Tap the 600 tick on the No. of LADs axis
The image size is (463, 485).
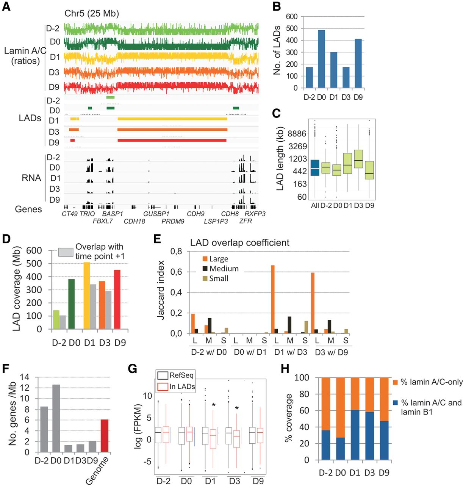[292, 17]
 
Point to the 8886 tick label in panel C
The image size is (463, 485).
[297, 134]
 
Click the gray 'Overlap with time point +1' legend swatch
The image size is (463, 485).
[66, 252]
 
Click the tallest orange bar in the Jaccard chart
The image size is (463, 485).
[273, 299]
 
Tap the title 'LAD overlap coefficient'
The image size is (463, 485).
[239, 242]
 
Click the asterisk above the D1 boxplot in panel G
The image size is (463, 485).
[214, 405]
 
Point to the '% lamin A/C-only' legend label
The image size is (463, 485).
[432, 382]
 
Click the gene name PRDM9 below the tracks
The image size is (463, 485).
[173, 221]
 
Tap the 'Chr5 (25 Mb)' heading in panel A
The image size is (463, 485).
[92, 14]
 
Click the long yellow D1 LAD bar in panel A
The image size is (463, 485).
[172, 119]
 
